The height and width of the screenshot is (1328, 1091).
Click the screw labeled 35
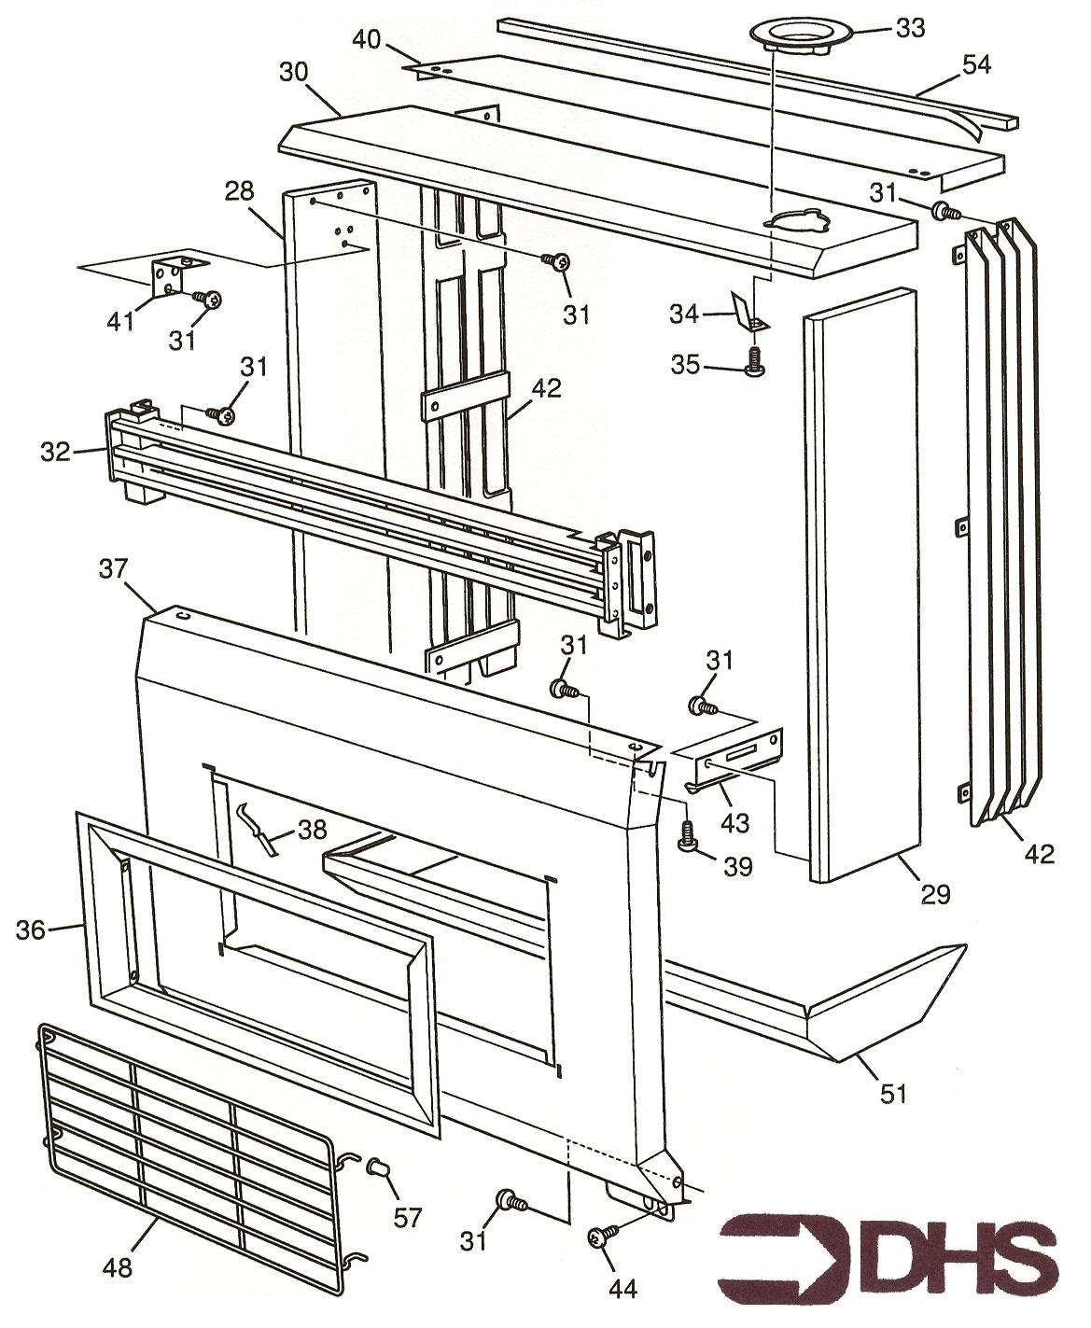coord(754,362)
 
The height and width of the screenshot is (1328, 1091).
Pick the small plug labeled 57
coord(378,1167)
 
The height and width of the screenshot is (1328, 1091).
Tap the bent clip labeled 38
coord(257,828)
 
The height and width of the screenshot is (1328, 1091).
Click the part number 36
coord(31,930)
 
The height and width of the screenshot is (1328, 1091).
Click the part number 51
coord(894,1091)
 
